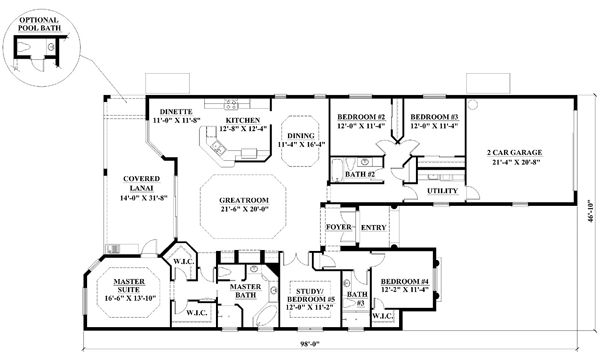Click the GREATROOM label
(x=244, y=200)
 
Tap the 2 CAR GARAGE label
(x=514, y=152)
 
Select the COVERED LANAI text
(x=142, y=183)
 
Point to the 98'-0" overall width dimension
(x=310, y=344)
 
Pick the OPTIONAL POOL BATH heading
(x=40, y=24)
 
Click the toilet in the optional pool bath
(x=23, y=47)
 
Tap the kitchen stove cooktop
(x=231, y=104)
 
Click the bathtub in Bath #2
(x=337, y=169)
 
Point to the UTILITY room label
(x=442, y=191)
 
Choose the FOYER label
(x=339, y=227)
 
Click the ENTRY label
(x=373, y=228)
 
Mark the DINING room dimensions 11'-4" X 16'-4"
(x=301, y=144)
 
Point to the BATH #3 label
(x=357, y=298)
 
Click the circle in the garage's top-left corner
(x=473, y=104)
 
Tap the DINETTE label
(x=176, y=112)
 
